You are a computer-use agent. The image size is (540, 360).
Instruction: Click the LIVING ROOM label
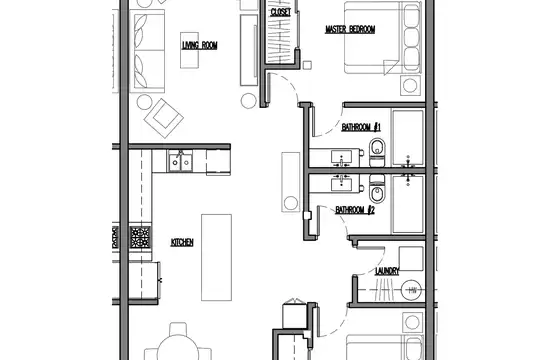[200, 45]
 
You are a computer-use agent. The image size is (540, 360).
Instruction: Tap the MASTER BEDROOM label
[350, 29]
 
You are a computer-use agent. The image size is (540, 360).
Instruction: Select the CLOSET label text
[281, 12]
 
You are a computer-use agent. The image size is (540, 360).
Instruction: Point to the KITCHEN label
[182, 242]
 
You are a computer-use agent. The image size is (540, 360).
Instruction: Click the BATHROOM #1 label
[361, 127]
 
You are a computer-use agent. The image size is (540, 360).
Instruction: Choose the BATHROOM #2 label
[355, 210]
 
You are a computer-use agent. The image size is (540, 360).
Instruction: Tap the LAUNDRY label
[387, 271]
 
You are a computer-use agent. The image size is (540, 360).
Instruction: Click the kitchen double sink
[180, 162]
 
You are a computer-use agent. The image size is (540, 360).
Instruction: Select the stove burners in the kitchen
[141, 237]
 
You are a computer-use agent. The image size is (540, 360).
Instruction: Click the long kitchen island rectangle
[216, 257]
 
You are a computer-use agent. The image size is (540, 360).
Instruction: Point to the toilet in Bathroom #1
[377, 153]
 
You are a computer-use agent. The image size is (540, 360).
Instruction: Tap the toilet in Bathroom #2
[377, 188]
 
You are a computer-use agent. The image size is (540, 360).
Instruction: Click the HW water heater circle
[412, 290]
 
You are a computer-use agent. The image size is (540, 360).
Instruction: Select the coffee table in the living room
[189, 50]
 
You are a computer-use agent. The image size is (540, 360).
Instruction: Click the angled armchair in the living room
[164, 118]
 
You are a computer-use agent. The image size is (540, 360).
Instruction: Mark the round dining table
[178, 348]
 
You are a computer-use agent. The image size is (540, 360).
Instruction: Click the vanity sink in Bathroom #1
[341, 157]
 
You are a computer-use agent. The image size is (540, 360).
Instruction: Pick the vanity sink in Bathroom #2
[341, 183]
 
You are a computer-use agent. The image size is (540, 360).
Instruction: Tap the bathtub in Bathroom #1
[408, 138]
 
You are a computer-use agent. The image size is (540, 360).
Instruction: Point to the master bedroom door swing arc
[291, 85]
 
